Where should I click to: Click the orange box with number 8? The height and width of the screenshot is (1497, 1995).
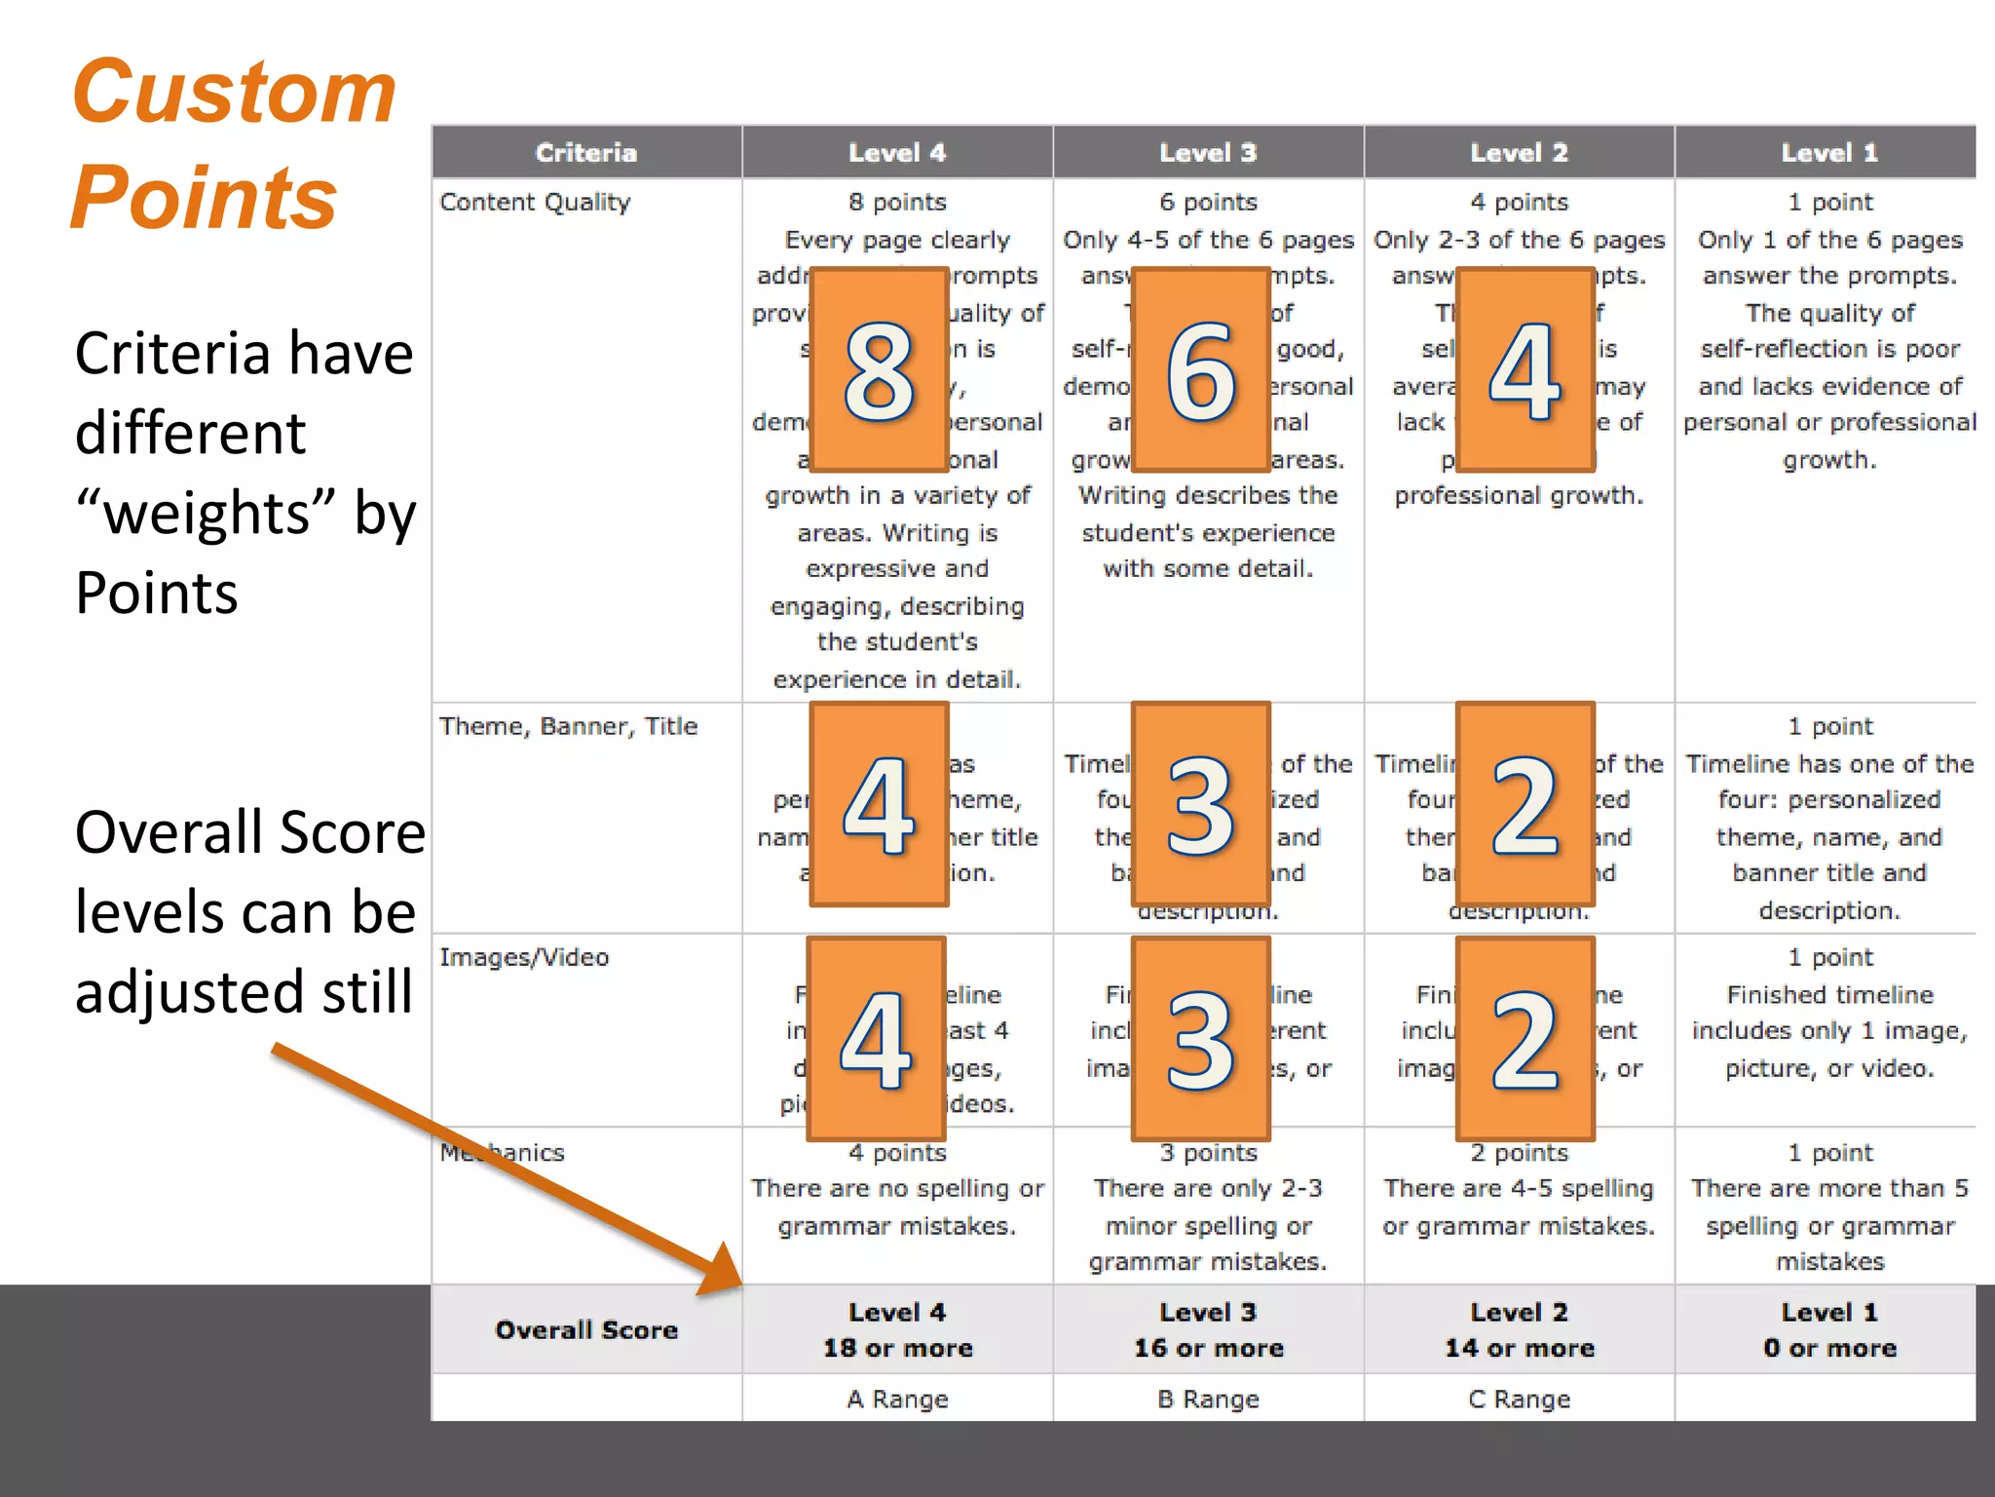click(879, 369)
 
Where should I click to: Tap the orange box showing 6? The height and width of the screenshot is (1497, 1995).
click(1201, 369)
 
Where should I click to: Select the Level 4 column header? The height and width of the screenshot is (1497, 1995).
click(896, 153)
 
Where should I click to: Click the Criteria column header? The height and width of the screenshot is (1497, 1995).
click(585, 153)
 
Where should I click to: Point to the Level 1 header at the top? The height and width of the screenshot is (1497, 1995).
click(1828, 153)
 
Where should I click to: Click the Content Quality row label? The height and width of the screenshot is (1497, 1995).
click(535, 203)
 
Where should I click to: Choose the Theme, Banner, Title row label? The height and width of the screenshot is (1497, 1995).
click(568, 726)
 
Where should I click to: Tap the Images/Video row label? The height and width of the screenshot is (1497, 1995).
click(524, 957)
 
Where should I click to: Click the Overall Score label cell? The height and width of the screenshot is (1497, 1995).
click(585, 1329)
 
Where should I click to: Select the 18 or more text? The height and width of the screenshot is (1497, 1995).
click(897, 1348)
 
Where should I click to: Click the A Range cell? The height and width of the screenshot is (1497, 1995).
click(897, 1400)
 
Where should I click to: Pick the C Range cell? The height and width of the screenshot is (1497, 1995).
click(1519, 1400)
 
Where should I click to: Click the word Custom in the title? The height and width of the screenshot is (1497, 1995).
click(234, 93)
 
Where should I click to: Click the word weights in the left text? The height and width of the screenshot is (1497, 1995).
click(207, 514)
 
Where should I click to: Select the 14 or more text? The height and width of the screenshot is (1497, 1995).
click(1519, 1348)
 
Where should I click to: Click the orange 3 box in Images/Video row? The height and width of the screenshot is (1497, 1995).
click(1201, 1039)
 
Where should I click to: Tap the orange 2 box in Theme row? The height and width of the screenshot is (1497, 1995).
click(1524, 804)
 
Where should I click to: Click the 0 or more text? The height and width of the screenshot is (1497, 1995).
click(1828, 1348)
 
